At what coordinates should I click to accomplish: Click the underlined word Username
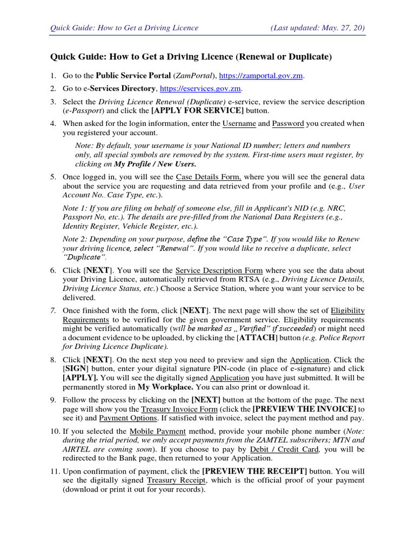coord(239,124)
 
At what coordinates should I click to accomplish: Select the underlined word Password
coord(289,124)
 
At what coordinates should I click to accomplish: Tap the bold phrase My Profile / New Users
coord(155,164)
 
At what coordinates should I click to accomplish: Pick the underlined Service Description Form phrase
coord(219,270)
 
